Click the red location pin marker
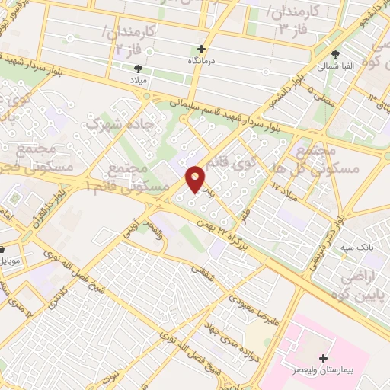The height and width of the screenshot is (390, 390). pos(196,179)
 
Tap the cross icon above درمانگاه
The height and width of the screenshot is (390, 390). pos(201,49)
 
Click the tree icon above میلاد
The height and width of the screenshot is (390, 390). pos(137,68)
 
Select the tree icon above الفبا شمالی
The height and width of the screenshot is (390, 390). pos(336,54)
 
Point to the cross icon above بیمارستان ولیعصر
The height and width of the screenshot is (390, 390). pos(323,357)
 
